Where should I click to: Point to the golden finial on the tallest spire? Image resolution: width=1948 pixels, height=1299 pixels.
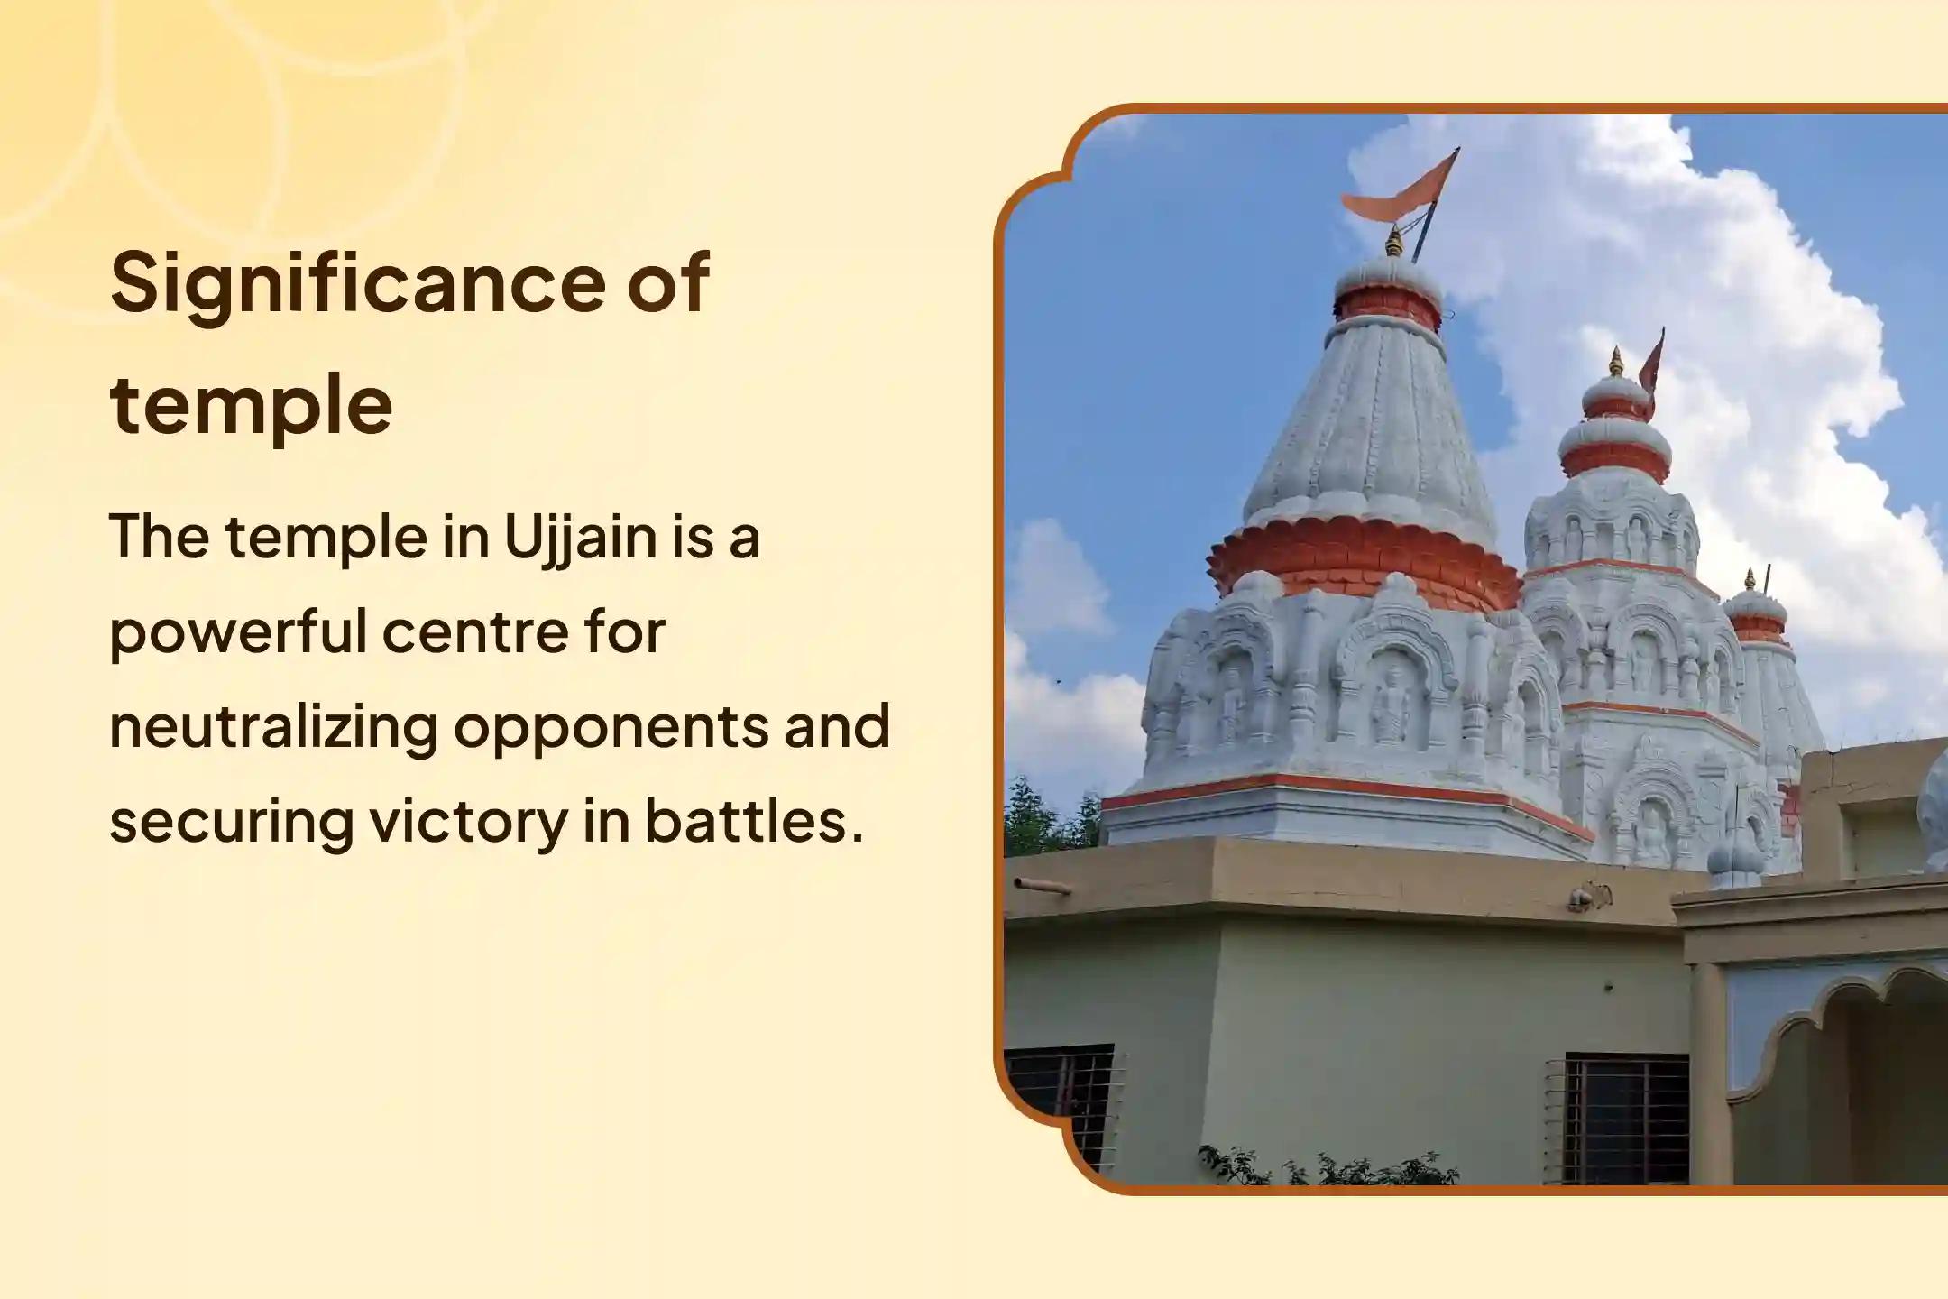[x=1394, y=242]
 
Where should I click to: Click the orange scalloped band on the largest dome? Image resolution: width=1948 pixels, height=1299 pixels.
[x=1363, y=563]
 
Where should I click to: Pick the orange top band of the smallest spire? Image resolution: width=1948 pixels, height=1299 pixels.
[x=1757, y=627]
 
